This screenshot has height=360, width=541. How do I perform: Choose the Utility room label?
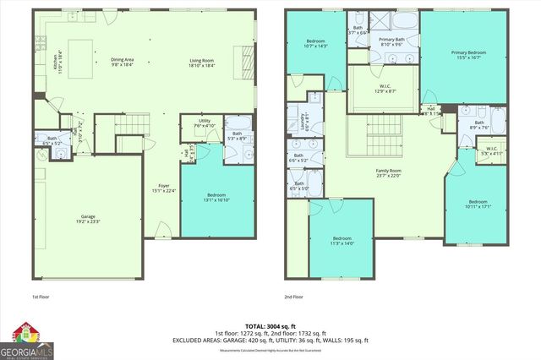(205, 123)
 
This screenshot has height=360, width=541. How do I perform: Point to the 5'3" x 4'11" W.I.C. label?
(492, 152)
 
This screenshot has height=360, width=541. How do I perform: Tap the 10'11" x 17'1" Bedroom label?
(478, 204)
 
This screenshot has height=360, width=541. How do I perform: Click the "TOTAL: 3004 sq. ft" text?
(270, 325)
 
